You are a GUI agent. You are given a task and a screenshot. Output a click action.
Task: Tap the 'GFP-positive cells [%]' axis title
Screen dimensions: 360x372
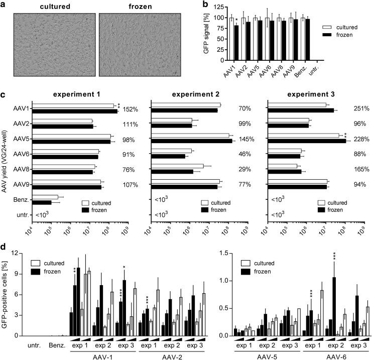tap(6, 292)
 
